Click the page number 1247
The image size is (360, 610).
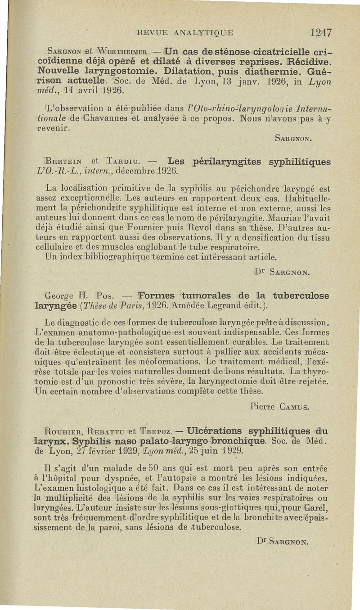(320, 32)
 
